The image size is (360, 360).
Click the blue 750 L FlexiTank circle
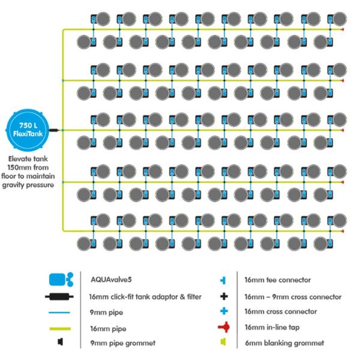28,130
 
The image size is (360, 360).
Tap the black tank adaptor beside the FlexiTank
54,130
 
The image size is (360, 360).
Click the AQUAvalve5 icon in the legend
61,280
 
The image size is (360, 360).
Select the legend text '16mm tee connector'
277,280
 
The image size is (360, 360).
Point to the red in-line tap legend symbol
224,327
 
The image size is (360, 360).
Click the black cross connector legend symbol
224,296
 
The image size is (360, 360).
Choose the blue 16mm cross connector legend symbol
224,311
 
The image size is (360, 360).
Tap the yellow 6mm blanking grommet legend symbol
223,342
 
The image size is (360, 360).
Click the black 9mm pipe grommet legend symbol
60,342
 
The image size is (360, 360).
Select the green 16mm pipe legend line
60,329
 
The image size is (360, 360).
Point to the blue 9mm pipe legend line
59,312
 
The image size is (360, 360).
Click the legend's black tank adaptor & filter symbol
59,296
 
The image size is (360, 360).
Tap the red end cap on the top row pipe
343,29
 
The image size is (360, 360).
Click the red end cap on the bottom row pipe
343,231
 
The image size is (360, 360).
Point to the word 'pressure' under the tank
40,185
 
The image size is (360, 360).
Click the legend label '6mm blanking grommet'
284,343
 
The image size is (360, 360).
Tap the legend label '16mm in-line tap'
272,327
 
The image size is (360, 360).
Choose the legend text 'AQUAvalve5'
111,280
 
